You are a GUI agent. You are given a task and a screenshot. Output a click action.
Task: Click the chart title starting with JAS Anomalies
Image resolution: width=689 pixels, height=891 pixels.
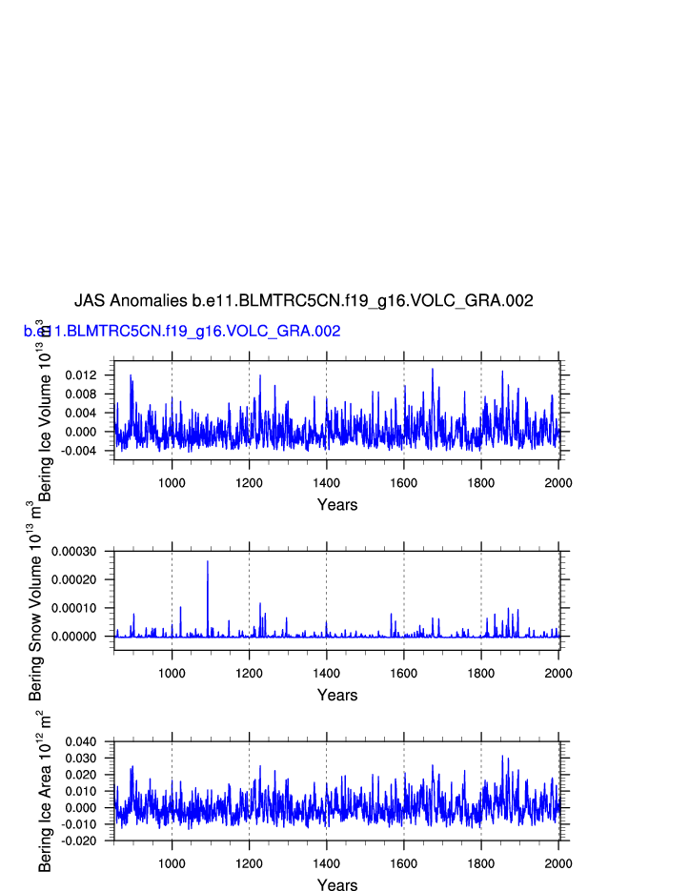[303, 301]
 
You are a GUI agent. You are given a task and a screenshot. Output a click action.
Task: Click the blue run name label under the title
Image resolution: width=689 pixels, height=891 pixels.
[182, 332]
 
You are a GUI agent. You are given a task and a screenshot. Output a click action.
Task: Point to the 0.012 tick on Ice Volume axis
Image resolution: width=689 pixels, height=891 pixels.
[85, 375]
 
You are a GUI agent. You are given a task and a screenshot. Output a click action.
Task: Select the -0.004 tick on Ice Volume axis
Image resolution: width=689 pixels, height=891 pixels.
[83, 451]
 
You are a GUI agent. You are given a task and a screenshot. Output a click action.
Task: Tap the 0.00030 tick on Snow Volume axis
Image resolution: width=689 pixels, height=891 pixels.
[80, 552]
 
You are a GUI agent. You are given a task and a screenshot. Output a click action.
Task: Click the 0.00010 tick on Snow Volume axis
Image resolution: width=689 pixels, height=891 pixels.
[80, 608]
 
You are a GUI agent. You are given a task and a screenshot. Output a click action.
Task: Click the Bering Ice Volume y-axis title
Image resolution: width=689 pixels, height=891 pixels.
[44, 410]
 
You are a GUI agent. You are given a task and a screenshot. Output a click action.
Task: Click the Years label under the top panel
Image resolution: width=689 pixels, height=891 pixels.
[336, 505]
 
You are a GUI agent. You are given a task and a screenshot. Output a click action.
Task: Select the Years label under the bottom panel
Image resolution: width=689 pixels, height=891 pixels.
[336, 885]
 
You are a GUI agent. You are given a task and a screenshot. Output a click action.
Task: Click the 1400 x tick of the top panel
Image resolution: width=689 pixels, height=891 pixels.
[326, 482]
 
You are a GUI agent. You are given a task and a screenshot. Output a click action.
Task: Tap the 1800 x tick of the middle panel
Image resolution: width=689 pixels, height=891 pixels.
[480, 673]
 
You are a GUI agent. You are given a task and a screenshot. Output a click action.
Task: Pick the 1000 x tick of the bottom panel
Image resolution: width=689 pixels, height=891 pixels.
[172, 863]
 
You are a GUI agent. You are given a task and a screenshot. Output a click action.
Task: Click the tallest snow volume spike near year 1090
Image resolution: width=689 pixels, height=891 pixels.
[208, 562]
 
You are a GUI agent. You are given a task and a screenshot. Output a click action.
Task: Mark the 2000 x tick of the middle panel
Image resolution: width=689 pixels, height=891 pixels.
[557, 673]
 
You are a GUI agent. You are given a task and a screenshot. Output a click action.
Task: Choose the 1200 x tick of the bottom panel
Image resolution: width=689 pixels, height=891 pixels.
[249, 863]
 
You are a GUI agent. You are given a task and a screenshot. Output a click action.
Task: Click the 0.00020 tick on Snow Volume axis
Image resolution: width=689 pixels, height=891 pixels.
[80, 579]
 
